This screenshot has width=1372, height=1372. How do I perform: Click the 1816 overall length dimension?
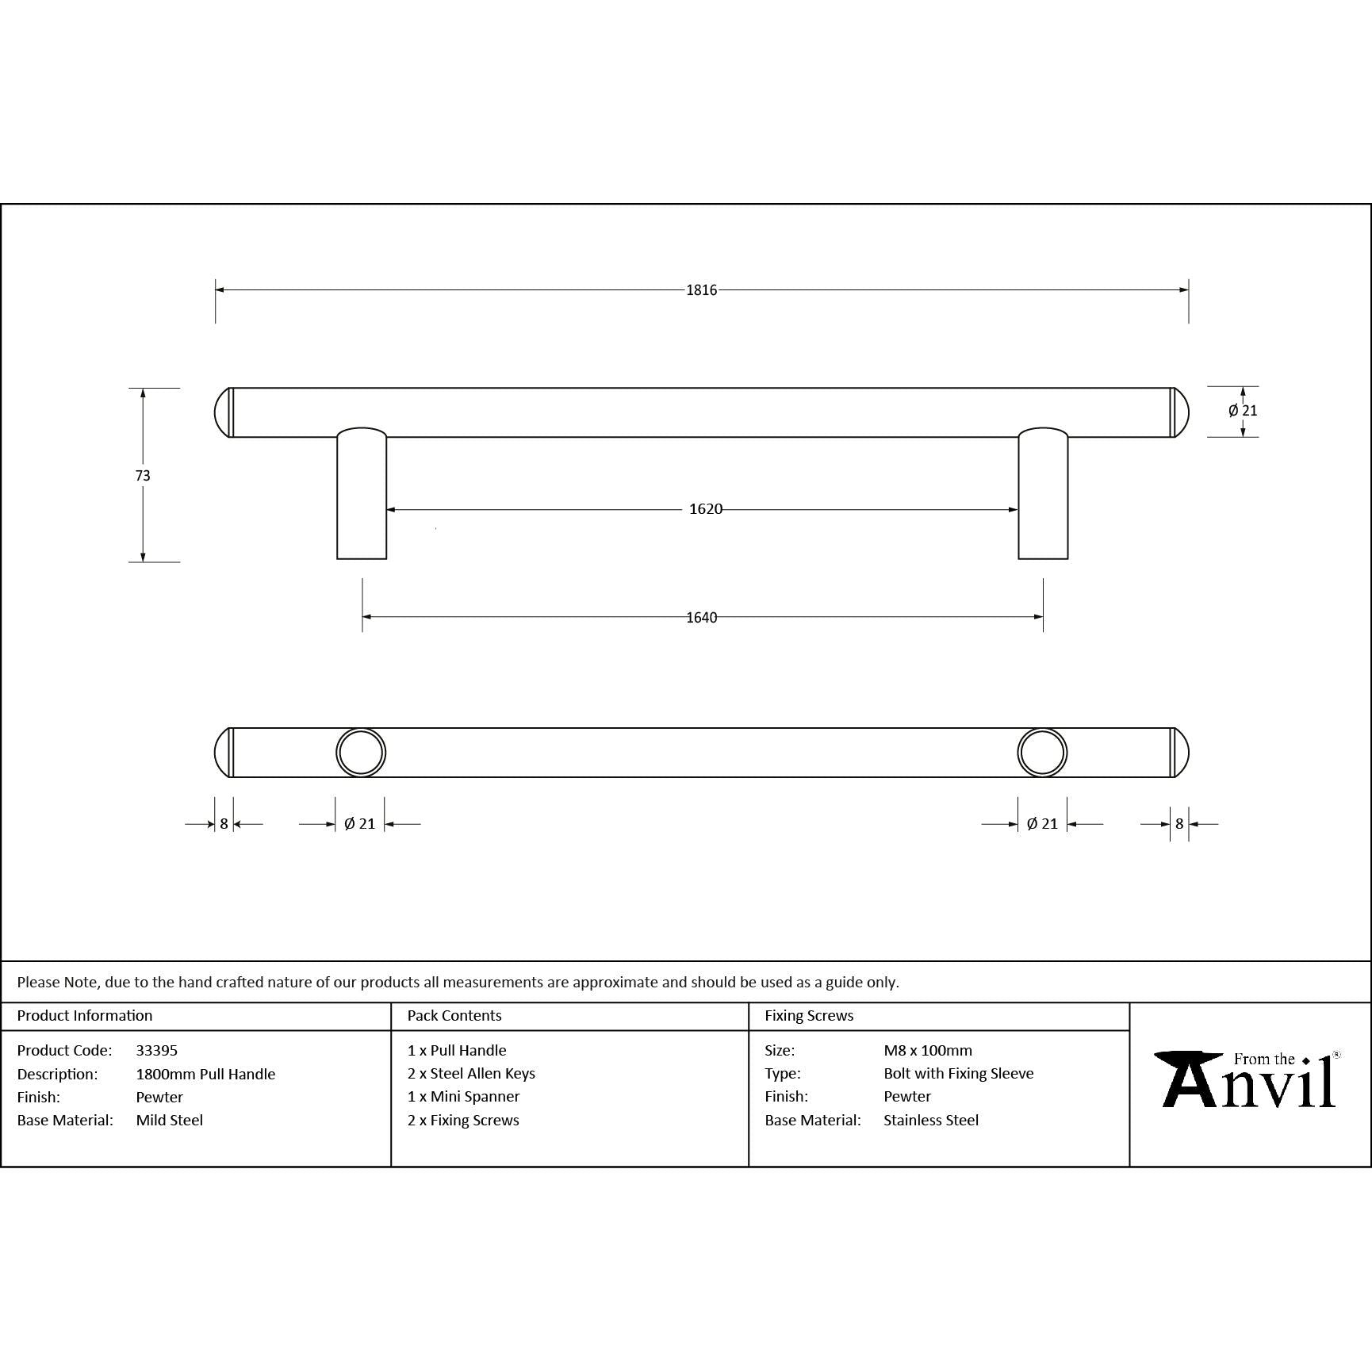[x=702, y=290]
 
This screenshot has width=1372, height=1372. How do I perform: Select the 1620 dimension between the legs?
[x=706, y=509]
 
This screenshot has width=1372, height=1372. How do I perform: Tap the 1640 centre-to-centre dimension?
[x=702, y=618]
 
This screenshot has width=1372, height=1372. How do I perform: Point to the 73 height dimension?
[x=143, y=476]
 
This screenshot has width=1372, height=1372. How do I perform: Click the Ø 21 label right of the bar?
[x=1243, y=411]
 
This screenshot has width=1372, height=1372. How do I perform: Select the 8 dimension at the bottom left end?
[x=224, y=824]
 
